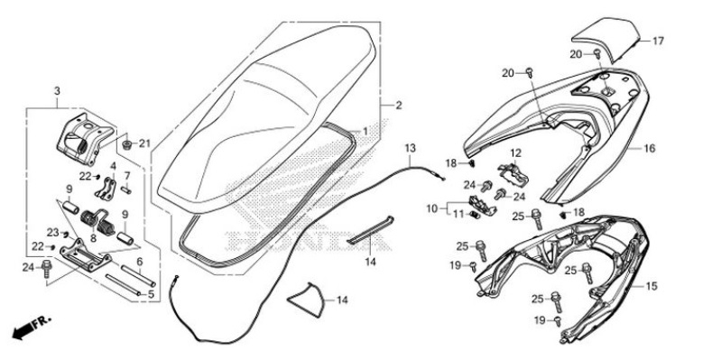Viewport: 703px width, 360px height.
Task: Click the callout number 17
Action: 658,42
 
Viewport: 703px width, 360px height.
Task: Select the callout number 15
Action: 652,286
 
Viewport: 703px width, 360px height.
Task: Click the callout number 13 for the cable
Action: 410,147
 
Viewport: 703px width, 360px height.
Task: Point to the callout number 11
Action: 458,214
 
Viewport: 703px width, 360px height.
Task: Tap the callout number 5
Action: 151,293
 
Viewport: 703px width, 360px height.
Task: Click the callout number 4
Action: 114,167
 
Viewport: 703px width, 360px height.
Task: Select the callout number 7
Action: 127,175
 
